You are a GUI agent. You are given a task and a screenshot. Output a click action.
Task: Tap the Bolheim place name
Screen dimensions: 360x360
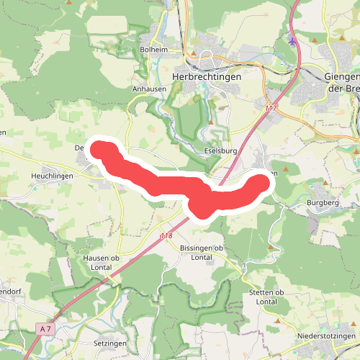coord(153,50)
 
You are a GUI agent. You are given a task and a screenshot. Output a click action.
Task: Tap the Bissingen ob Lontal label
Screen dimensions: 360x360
coord(201,252)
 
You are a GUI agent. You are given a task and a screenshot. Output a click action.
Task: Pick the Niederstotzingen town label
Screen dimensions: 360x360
coord(327,336)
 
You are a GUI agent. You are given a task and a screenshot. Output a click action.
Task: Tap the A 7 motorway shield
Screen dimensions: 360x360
coord(45,329)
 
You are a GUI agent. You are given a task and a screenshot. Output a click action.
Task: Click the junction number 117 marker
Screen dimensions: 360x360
coord(271,107)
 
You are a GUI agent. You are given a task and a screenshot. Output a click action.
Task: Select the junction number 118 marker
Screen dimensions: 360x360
coord(166,235)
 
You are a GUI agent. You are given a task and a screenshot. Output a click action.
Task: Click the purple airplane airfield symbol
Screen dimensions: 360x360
coord(291,40)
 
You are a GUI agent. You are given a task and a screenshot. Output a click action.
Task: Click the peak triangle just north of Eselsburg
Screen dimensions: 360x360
coord(211,122)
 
